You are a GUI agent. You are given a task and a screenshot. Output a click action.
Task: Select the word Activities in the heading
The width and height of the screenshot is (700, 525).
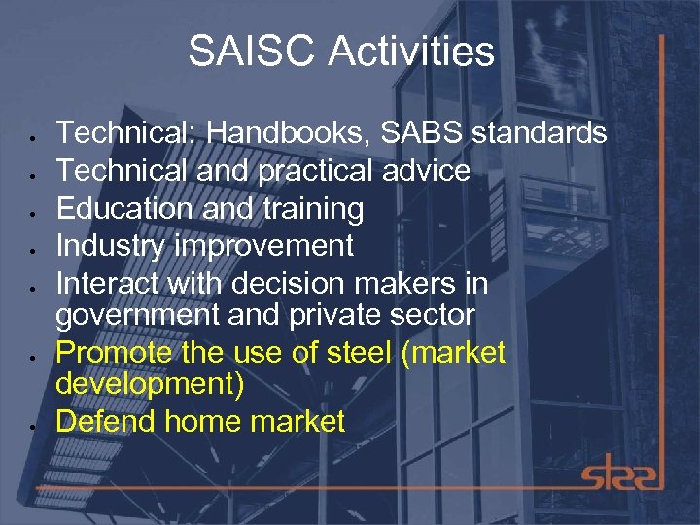point(411,52)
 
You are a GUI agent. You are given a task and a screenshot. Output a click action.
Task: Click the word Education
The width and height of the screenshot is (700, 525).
point(122,208)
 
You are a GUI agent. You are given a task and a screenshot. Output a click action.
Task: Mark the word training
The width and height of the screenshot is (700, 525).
point(311,208)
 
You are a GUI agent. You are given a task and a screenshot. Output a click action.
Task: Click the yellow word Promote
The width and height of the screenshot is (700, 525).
point(113,352)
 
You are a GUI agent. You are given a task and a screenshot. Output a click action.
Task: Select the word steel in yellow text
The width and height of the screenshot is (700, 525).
point(354,352)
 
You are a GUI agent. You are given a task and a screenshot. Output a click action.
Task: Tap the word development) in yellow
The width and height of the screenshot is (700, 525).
point(150,384)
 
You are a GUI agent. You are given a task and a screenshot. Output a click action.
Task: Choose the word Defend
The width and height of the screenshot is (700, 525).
point(106,421)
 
